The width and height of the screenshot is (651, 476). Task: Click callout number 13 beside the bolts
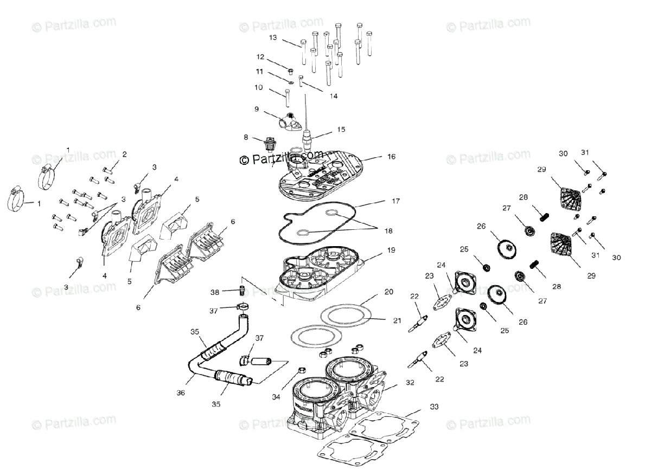point(272,37)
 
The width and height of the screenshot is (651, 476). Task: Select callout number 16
point(391,157)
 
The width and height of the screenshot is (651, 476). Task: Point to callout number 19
point(391,251)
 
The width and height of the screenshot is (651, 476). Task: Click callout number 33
point(434,406)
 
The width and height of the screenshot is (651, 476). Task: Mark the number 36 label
point(181,393)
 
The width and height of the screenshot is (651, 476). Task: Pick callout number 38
point(215,292)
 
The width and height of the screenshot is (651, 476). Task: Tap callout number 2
point(124,155)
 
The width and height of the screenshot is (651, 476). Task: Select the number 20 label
point(388,292)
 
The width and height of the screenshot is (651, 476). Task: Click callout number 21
point(397,320)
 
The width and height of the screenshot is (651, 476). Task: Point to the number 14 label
point(333,96)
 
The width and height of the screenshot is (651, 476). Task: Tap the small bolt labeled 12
point(291,71)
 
